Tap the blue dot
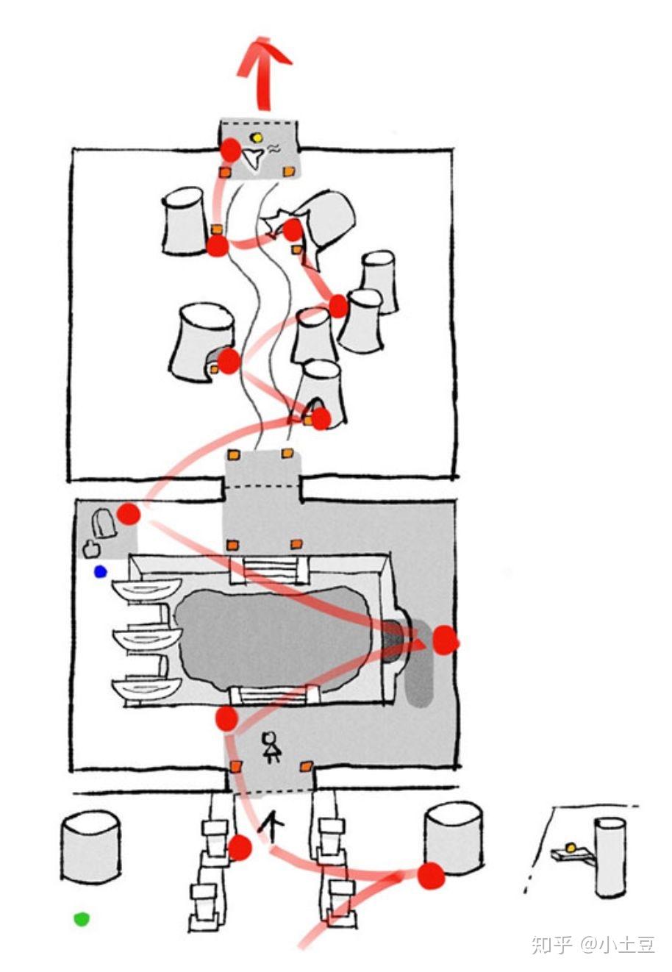(100, 572)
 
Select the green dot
(82, 918)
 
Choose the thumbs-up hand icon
(92, 548)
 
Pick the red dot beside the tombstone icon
(129, 514)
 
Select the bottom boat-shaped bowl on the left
(146, 687)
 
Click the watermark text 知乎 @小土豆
(593, 943)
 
